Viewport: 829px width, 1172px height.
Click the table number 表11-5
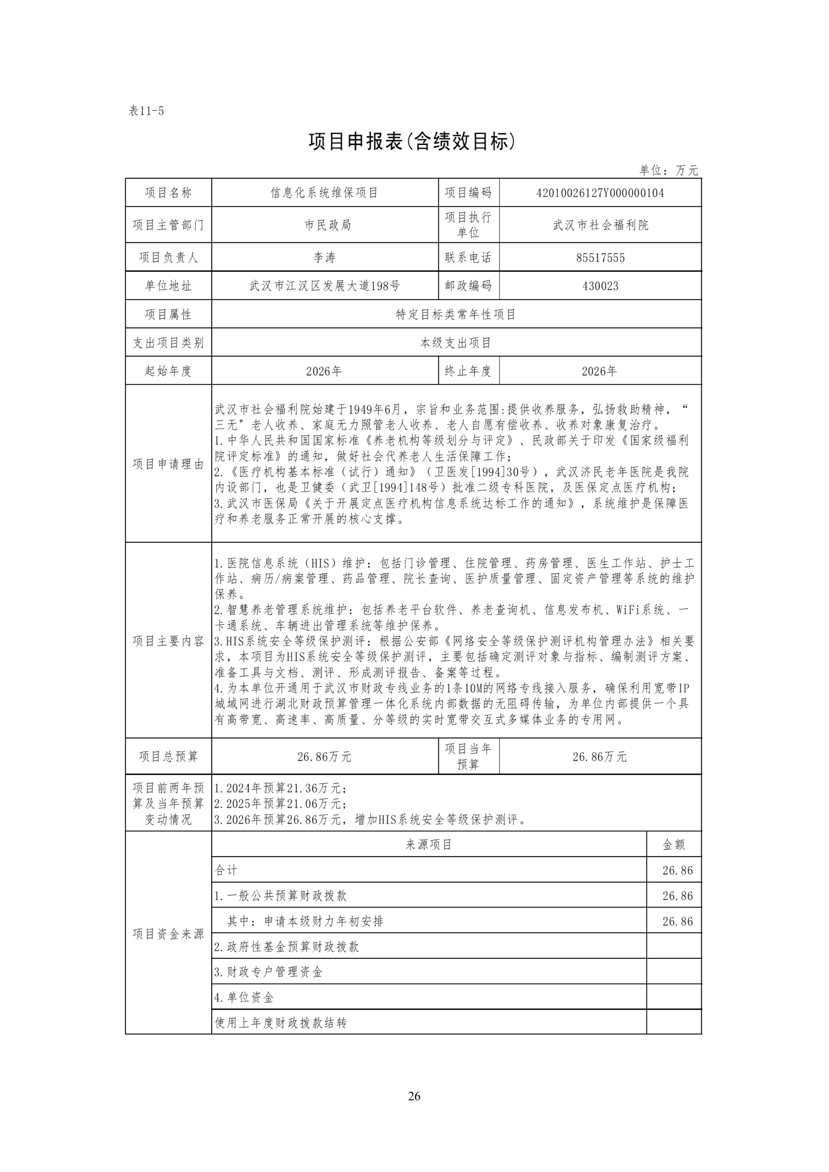[x=146, y=111]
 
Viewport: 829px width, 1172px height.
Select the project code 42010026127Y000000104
[x=600, y=193]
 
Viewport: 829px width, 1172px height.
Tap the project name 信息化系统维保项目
[x=324, y=193]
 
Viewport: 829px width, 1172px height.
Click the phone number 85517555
[x=600, y=258]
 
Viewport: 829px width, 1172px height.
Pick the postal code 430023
[x=600, y=286]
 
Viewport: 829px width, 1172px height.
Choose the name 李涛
[x=324, y=258]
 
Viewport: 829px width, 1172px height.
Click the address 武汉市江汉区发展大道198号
[x=324, y=286]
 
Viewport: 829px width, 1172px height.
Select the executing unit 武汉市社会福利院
[x=600, y=225]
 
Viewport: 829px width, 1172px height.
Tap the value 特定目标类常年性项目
[x=456, y=314]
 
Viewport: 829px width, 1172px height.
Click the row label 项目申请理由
[x=169, y=464]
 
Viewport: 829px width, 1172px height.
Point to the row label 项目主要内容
[x=169, y=641]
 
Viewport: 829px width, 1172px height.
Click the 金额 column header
[x=674, y=845]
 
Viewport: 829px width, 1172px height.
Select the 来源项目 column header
[x=429, y=845]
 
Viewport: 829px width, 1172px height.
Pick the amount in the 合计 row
[x=678, y=870]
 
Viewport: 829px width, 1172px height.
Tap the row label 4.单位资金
[x=244, y=997]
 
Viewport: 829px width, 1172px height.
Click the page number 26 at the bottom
[x=414, y=1096]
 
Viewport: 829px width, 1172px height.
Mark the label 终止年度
[x=468, y=371]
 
